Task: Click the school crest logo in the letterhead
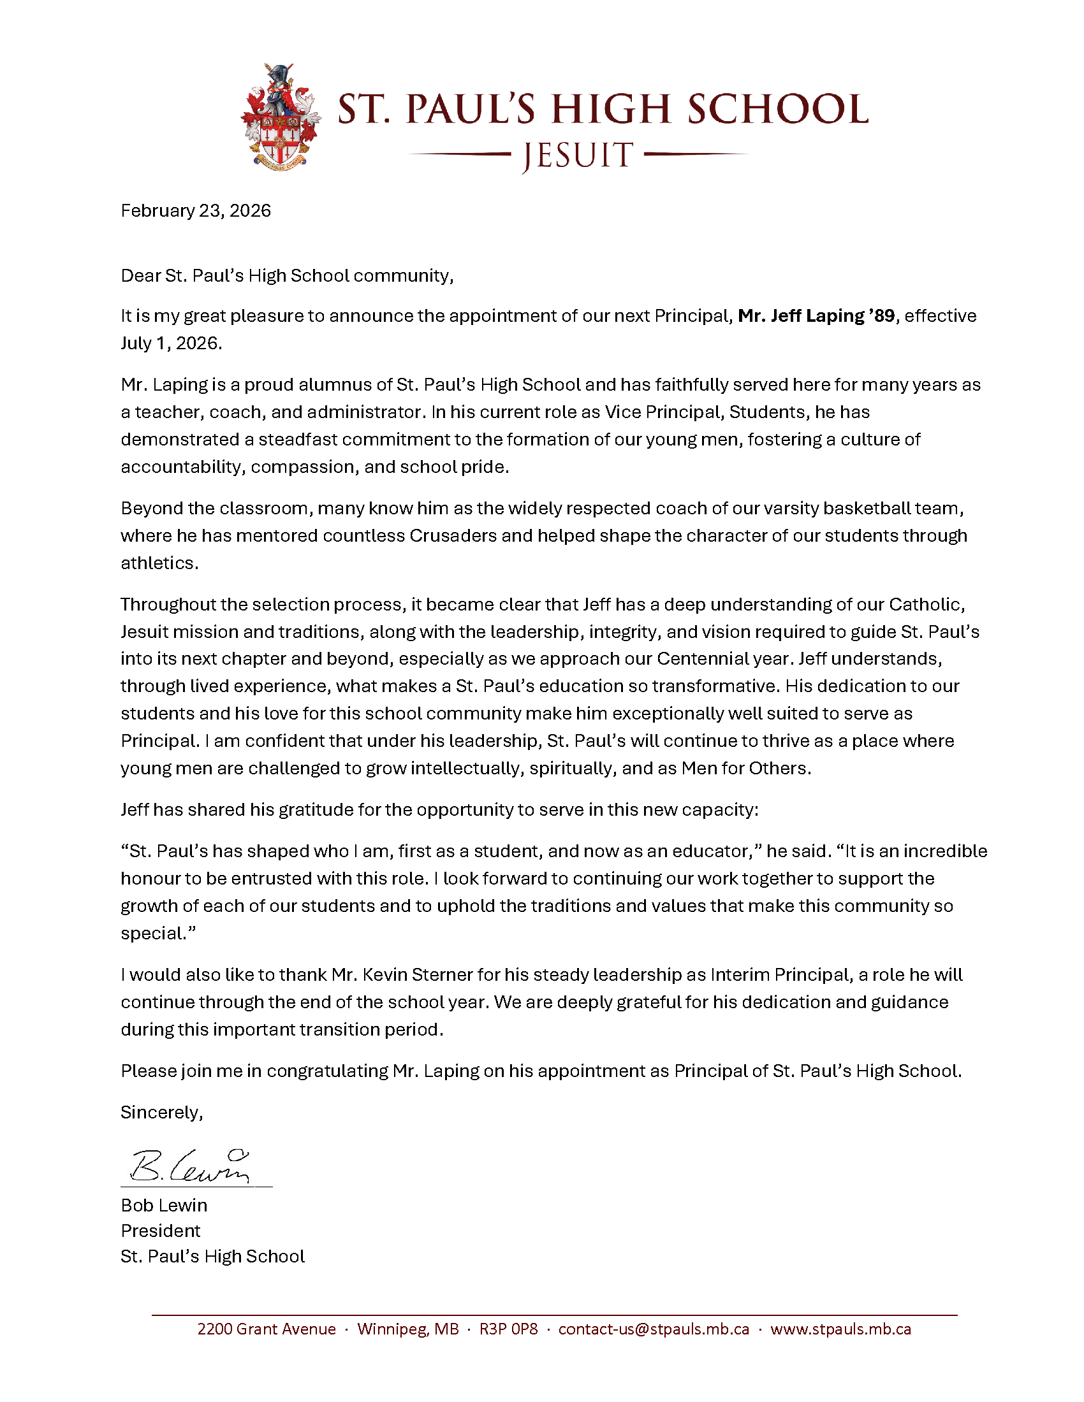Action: click(281, 116)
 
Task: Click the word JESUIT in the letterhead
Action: click(578, 156)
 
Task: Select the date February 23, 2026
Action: click(196, 211)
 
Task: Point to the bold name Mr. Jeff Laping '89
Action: click(816, 316)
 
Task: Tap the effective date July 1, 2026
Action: click(171, 343)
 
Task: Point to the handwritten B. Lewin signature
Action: click(190, 1166)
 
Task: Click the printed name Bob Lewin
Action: click(164, 1206)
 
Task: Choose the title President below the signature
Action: click(161, 1231)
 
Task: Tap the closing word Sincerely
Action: click(162, 1113)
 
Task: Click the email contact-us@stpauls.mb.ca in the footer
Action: click(654, 1329)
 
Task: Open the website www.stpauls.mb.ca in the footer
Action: click(840, 1329)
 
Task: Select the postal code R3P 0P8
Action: click(509, 1329)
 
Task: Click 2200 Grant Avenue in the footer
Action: click(267, 1329)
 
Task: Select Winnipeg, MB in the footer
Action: click(408, 1329)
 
